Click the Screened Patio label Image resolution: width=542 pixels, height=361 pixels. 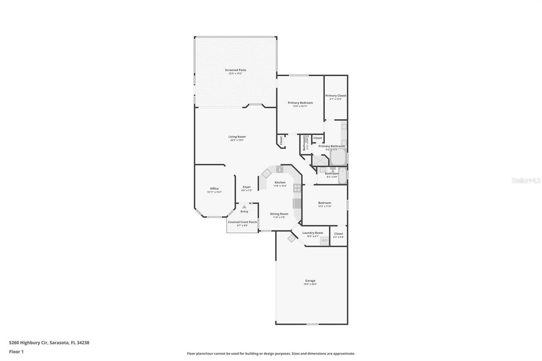[x=235, y=70]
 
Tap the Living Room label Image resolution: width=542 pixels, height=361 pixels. [x=237, y=137]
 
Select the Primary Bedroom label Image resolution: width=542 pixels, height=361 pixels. [x=300, y=103]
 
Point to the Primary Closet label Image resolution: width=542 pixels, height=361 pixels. [x=336, y=96]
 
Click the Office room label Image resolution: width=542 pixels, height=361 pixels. [x=214, y=189]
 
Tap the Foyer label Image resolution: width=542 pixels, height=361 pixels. [x=246, y=187]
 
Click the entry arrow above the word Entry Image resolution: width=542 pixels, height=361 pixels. [x=244, y=207]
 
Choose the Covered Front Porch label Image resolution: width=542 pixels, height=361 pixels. [x=242, y=222]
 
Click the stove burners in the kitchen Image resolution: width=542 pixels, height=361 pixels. [x=297, y=187]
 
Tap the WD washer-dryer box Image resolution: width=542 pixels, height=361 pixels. [x=324, y=240]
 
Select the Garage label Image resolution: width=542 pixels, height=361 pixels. [x=310, y=281]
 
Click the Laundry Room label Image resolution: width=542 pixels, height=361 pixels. [x=312, y=233]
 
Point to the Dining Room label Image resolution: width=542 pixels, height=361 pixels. [x=279, y=214]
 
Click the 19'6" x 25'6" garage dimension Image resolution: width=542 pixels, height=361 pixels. [x=310, y=284]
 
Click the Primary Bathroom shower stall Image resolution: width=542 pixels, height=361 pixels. [x=320, y=160]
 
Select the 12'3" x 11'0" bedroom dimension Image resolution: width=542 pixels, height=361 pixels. [x=325, y=207]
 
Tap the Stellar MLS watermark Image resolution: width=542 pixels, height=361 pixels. [x=526, y=180]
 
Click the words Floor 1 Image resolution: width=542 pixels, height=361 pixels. [x=16, y=351]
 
